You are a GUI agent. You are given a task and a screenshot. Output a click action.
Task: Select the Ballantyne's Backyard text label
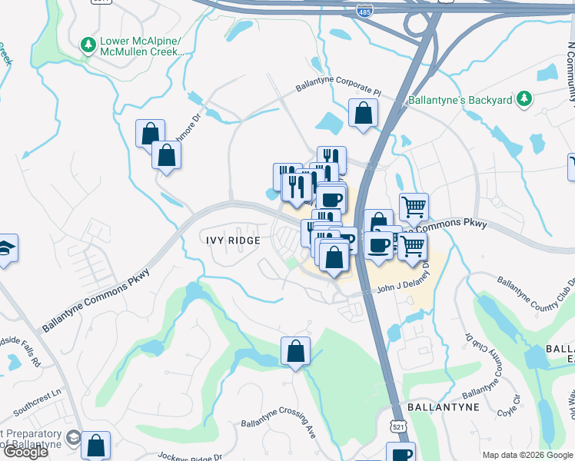[470, 100]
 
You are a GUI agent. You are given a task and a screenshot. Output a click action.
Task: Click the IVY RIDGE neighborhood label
[233, 240]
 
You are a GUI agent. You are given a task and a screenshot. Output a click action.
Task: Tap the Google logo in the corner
[26, 452]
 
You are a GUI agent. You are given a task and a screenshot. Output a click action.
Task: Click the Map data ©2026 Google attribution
[527, 455]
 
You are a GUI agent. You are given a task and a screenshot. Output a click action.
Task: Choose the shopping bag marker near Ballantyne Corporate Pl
[363, 113]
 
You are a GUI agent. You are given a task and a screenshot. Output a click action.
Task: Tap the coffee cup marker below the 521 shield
[401, 453]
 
